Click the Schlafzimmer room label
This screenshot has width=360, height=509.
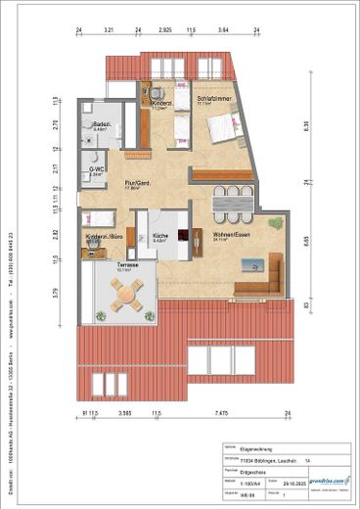(x=212, y=99)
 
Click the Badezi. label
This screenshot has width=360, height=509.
(x=101, y=125)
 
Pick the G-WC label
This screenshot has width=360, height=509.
(x=96, y=171)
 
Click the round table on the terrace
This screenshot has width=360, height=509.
(x=124, y=293)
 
